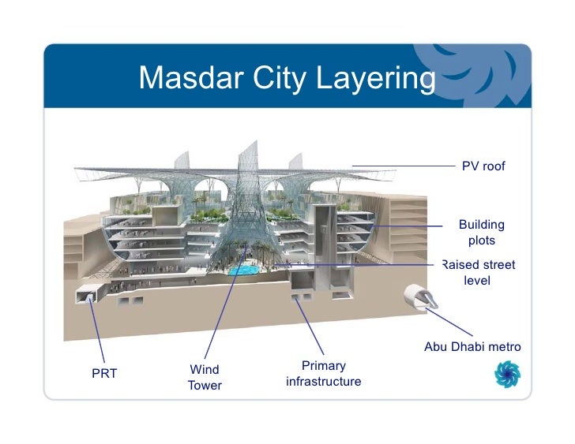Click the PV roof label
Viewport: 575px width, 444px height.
pos(483,166)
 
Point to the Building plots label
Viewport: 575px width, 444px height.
pos(481,233)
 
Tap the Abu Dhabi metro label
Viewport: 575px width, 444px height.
pos(472,347)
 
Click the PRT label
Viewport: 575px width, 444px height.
pos(104,373)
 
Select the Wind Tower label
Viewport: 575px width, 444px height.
pos(205,377)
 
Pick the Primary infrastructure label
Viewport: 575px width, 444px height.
pos(323,374)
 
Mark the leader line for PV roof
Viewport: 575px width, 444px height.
pos(403,166)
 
